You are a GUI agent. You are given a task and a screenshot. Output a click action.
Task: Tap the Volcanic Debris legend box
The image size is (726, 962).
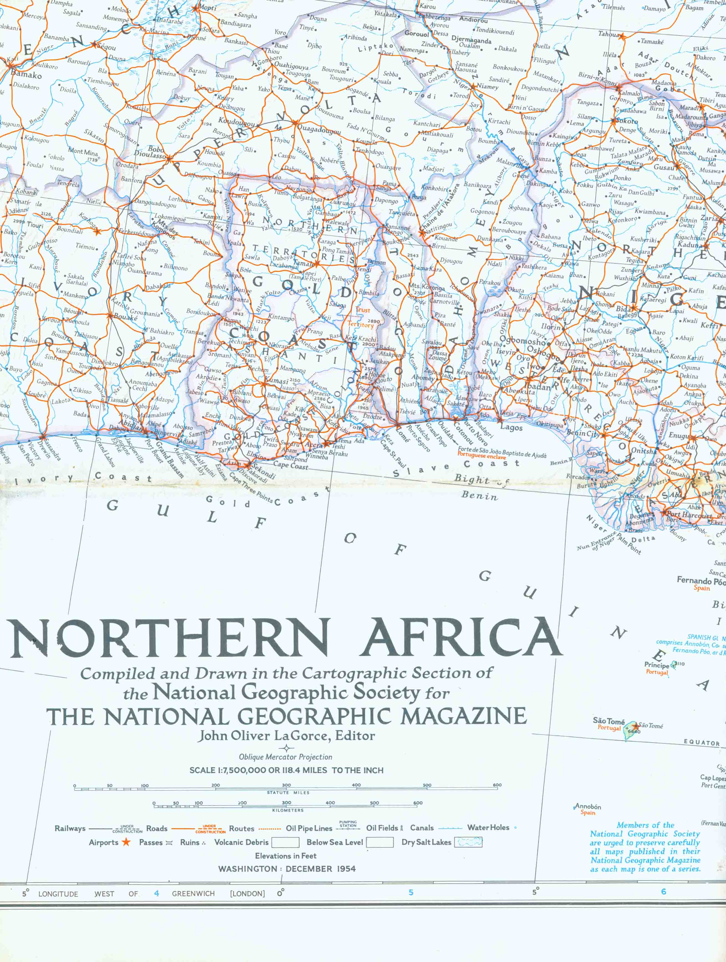pos(285,843)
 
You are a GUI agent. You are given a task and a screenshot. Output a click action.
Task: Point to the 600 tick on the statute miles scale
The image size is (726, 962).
pos(497,785)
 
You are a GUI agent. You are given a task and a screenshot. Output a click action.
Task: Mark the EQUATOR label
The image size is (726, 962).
pos(701,743)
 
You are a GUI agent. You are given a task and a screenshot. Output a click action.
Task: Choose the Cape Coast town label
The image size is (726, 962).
pos(290,465)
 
